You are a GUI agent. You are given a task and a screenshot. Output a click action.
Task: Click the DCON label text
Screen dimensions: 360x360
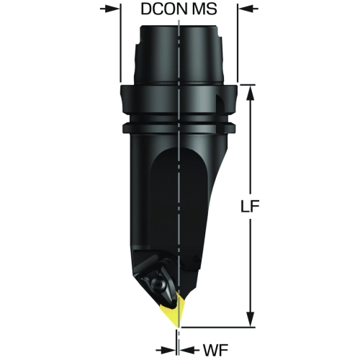pyautogui.click(x=163, y=9)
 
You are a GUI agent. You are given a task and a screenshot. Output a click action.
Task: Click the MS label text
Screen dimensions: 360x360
pyautogui.click(x=204, y=9)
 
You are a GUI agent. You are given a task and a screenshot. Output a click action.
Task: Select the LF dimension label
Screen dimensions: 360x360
pyautogui.click(x=250, y=207)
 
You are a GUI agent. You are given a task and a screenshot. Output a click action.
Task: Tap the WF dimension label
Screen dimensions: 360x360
pyautogui.click(x=216, y=350)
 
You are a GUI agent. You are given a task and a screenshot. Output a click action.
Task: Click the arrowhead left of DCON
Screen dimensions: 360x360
pyautogui.click(x=112, y=9)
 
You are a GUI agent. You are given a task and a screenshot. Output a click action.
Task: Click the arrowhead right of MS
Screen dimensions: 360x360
pyautogui.click(x=246, y=9)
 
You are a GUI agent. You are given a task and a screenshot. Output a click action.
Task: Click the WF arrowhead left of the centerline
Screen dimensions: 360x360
pyautogui.click(x=169, y=350)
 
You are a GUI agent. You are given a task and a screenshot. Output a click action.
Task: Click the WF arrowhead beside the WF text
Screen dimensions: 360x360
pyautogui.click(x=187, y=350)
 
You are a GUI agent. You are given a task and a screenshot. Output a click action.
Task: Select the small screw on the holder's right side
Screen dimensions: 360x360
pyautogui.click(x=197, y=259)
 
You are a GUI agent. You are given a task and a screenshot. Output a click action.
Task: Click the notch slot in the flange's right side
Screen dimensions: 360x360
pyautogui.click(x=220, y=104)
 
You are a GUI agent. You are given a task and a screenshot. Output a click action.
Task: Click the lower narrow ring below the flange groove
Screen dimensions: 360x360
pyautogui.click(x=179, y=127)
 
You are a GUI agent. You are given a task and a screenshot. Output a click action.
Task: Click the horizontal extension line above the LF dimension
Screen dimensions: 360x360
pyautogui.click(x=248, y=84)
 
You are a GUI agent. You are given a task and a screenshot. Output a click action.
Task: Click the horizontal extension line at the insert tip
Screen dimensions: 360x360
pyautogui.click(x=217, y=327)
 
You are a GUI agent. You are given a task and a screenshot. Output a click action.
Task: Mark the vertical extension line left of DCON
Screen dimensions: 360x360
pyautogui.click(x=120, y=42)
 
